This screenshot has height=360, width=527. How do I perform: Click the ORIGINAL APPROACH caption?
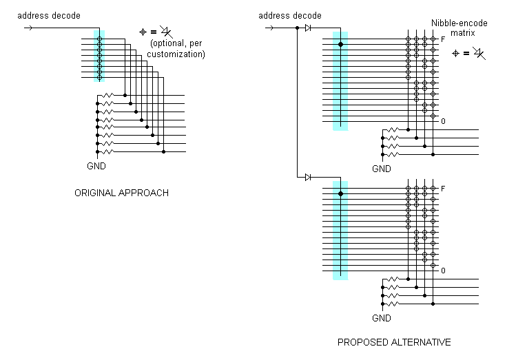pyautogui.click(x=121, y=193)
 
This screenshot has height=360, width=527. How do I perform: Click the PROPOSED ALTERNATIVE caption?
pyautogui.click(x=394, y=342)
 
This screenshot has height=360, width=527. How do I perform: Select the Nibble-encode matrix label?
pyautogui.click(x=459, y=28)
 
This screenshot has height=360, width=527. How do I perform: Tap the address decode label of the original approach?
pyautogui.click(x=48, y=15)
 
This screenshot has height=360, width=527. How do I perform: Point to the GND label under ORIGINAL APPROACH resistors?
pyautogui.click(x=96, y=167)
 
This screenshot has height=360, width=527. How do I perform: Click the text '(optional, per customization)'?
pyautogui.click(x=177, y=49)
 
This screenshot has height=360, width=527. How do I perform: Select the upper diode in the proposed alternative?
pyautogui.click(x=308, y=28)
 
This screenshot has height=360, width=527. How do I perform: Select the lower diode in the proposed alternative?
pyautogui.click(x=308, y=178)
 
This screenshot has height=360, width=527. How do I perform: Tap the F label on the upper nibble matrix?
pyautogui.click(x=443, y=40)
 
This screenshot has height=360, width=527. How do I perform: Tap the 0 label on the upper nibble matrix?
pyautogui.click(x=443, y=121)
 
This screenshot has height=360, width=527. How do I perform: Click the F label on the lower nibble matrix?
pyautogui.click(x=443, y=189)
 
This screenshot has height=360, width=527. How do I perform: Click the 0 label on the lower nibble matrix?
pyautogui.click(x=443, y=271)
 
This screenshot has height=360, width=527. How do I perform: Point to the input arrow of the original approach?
pyautogui.click(x=28, y=28)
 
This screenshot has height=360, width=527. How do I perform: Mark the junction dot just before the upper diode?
pyautogui.click(x=298, y=28)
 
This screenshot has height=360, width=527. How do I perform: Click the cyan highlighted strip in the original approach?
pyautogui.click(x=99, y=56)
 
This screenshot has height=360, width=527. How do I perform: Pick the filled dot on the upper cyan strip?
pyautogui.click(x=340, y=45)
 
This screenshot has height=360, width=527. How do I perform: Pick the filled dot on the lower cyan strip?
pyautogui.click(x=340, y=194)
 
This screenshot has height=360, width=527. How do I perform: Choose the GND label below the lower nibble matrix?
pyautogui.click(x=382, y=318)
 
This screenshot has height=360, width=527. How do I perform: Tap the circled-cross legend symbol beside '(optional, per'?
pyautogui.click(x=143, y=31)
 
